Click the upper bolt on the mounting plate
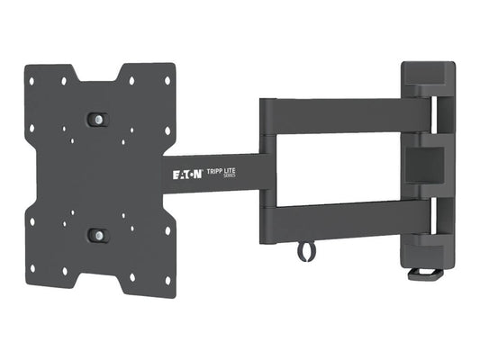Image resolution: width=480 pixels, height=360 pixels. pyautogui.click(x=96, y=119)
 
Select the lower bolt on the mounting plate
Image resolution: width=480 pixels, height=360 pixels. pyautogui.click(x=96, y=235)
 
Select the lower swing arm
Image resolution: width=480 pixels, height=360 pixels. pyautogui.click(x=347, y=222)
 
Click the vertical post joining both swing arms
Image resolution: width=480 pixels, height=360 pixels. pyautogui.click(x=267, y=171)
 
